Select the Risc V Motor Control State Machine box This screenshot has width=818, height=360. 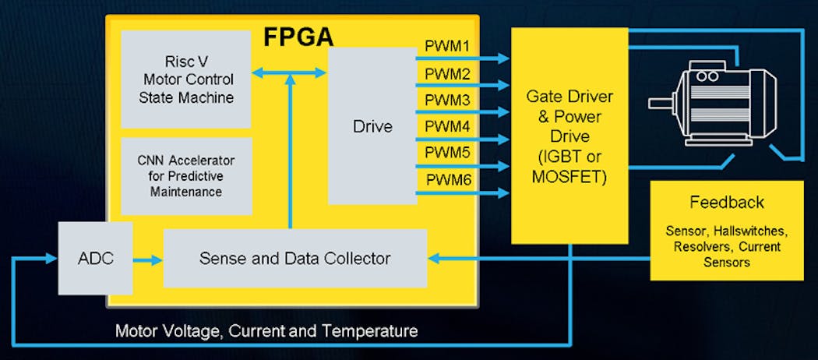click(186, 79)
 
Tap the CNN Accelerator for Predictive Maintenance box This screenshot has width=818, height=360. click(186, 175)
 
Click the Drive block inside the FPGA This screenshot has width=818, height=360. click(372, 125)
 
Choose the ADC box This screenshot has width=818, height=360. click(95, 258)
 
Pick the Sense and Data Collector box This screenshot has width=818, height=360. click(294, 258)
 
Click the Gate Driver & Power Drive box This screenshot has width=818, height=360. click(569, 136)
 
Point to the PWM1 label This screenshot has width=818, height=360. click(448, 47)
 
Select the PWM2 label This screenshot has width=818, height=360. click(448, 74)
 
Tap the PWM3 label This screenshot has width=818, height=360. click(448, 101)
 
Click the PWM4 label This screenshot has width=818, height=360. click(448, 127)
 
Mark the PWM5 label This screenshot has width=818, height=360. click(448, 154)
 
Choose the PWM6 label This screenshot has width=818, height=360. click(448, 180)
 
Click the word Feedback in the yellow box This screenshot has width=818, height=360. click(727, 203)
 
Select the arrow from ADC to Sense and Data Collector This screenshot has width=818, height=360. click(147, 259)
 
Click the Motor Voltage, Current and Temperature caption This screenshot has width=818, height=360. click(266, 331)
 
